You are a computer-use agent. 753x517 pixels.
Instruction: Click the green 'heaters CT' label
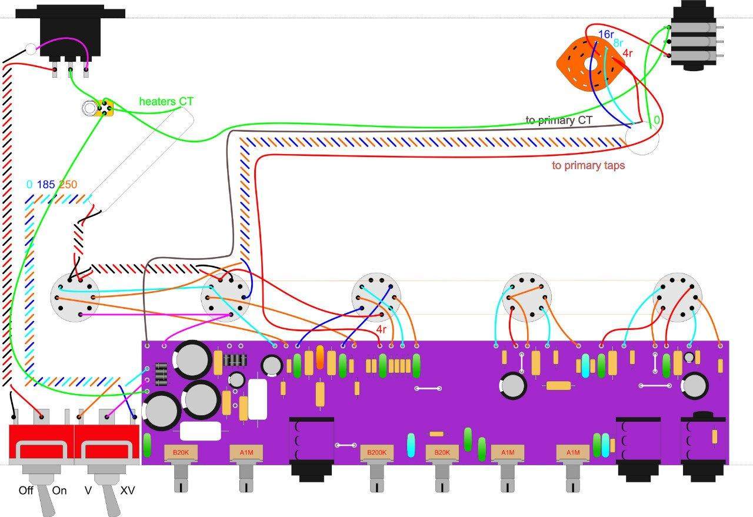click(166, 102)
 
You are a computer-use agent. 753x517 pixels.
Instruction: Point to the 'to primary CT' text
click(558, 121)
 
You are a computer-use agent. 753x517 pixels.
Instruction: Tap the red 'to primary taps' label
click(588, 165)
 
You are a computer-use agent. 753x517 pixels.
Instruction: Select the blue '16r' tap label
click(606, 34)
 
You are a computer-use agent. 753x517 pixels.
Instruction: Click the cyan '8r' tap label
click(618, 43)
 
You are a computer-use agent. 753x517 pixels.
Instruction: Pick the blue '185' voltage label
click(46, 184)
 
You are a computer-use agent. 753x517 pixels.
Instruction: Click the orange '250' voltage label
click(68, 184)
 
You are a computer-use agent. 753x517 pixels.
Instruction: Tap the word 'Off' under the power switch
click(26, 491)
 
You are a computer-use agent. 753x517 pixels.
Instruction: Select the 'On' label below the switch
click(59, 491)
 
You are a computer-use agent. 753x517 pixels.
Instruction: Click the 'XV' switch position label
click(128, 491)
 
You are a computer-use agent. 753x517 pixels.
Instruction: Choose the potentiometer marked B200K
click(376, 452)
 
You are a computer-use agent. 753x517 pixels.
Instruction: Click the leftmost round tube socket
click(75, 298)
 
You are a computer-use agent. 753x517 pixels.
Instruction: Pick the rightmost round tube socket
click(678, 297)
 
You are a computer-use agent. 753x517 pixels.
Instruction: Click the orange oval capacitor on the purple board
click(319, 357)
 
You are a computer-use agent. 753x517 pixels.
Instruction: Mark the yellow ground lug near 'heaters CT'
click(104, 108)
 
